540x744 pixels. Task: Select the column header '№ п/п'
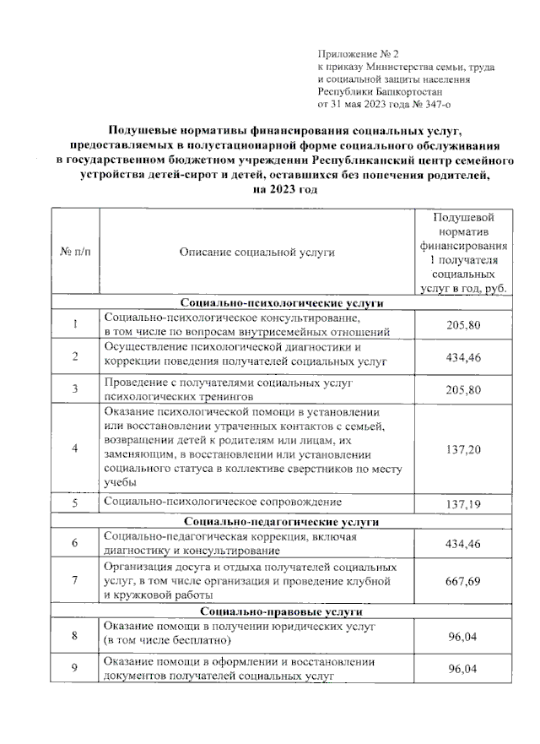pos(74,252)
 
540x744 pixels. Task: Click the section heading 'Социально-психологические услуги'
pos(283,301)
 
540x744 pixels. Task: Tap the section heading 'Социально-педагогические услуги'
pos(283,521)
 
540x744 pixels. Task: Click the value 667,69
pos(463,580)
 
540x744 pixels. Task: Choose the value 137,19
pos(463,503)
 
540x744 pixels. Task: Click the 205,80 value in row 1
pos(463,325)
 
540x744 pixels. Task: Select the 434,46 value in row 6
pos(463,543)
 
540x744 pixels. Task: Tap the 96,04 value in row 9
pos(463,669)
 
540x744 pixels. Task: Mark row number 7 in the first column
pos(74,580)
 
